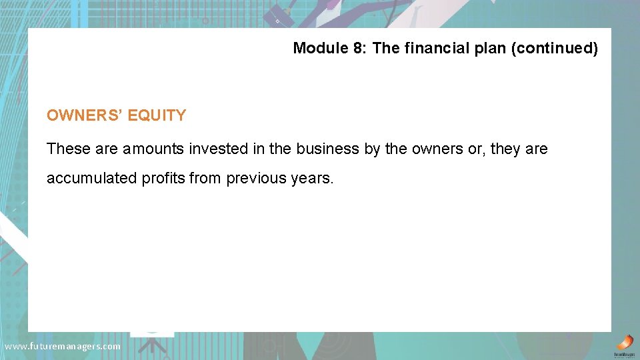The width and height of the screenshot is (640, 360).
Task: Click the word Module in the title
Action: tap(317, 48)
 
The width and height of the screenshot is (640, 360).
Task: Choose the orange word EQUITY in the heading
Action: tap(157, 115)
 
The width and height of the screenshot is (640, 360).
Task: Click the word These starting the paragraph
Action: tap(69, 149)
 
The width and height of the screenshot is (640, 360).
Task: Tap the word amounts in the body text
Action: tap(153, 149)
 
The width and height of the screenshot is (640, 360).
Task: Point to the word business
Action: tap(328, 149)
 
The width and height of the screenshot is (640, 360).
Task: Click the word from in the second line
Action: tap(207, 179)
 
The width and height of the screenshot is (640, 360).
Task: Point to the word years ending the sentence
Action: tap(311, 179)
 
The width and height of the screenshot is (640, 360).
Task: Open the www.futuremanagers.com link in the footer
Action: tap(63, 346)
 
